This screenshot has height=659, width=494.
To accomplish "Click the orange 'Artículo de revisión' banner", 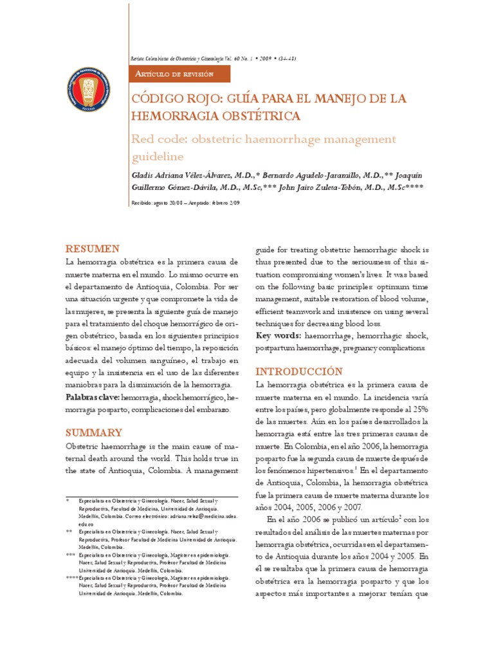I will pyautogui.click(x=174, y=74).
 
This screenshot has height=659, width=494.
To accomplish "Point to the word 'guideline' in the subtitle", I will pyautogui.click(x=158, y=156).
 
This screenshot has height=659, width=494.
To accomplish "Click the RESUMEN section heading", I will pyautogui.click(x=93, y=248).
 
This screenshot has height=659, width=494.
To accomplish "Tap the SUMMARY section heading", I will pyautogui.click(x=94, y=432).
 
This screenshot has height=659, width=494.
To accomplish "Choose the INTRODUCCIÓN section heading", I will pyautogui.click(x=299, y=371).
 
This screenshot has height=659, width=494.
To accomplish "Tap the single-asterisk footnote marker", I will pyautogui.click(x=68, y=499).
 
